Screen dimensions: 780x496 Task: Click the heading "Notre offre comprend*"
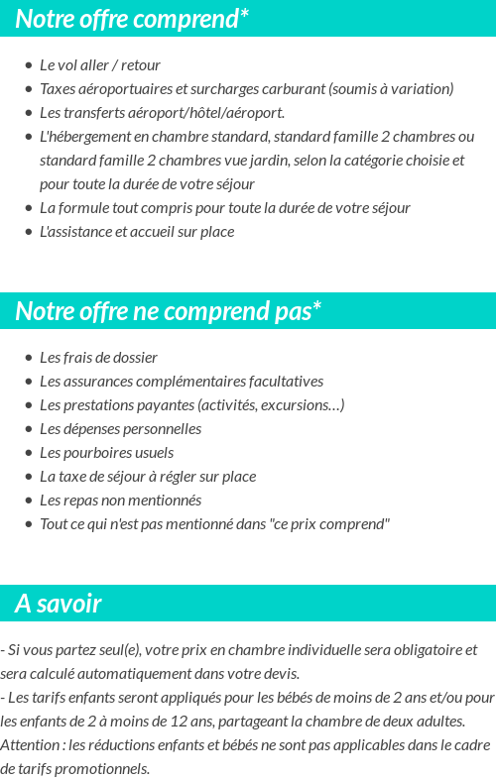point(132,18)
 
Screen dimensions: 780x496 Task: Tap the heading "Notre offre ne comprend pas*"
point(168,311)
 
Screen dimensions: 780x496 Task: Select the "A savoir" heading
point(59,604)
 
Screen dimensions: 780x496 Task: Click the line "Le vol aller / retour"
point(100,64)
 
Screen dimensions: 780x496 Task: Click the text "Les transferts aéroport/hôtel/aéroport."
point(162,112)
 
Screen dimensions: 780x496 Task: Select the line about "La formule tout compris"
point(224,207)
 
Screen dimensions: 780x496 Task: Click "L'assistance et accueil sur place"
point(137,231)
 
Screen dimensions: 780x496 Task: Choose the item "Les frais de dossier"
point(98,357)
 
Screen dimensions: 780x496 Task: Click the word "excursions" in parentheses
point(304,404)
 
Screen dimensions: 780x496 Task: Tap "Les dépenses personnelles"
point(120,428)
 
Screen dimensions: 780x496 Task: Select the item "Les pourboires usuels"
point(106,452)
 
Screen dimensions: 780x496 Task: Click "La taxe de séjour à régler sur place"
point(148,476)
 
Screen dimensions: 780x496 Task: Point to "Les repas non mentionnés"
point(120,500)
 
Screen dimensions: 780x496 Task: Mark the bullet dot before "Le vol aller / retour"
point(29,65)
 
